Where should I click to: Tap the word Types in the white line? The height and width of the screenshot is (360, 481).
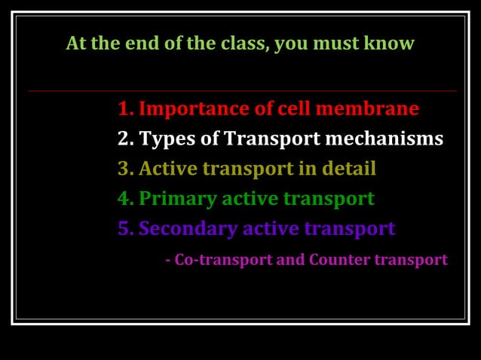164,139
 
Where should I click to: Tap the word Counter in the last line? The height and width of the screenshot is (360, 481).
336,260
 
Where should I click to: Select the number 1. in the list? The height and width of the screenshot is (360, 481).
126,109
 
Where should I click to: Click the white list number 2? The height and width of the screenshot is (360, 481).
126,139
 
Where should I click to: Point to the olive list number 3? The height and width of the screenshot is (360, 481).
126,169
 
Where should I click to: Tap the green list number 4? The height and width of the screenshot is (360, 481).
126,199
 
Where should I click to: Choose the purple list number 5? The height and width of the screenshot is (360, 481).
126,228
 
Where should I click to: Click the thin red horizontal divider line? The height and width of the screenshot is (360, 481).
241,91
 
